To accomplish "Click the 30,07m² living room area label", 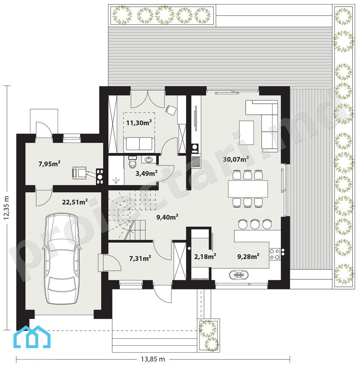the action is [x=236, y=159].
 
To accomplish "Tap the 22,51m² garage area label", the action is [x=75, y=202].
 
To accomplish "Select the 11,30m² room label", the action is [x=139, y=122].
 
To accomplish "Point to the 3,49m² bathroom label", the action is [x=146, y=173].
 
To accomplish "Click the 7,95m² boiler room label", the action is [x=50, y=163].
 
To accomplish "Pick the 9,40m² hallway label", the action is [x=167, y=217].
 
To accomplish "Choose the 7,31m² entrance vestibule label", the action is [x=140, y=258].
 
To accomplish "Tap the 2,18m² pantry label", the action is [x=205, y=257].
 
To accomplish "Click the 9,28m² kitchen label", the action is [x=248, y=257].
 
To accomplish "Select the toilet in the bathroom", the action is [x=132, y=162].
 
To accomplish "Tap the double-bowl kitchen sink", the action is [x=239, y=275].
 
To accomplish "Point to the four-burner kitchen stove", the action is [x=275, y=255].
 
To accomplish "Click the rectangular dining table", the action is [x=248, y=189].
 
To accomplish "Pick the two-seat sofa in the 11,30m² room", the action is [x=139, y=144].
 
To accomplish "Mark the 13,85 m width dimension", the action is [x=153, y=359].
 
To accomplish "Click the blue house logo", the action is [x=32, y=337].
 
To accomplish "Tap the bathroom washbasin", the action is [x=149, y=160].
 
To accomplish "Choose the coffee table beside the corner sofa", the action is [x=247, y=133].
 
